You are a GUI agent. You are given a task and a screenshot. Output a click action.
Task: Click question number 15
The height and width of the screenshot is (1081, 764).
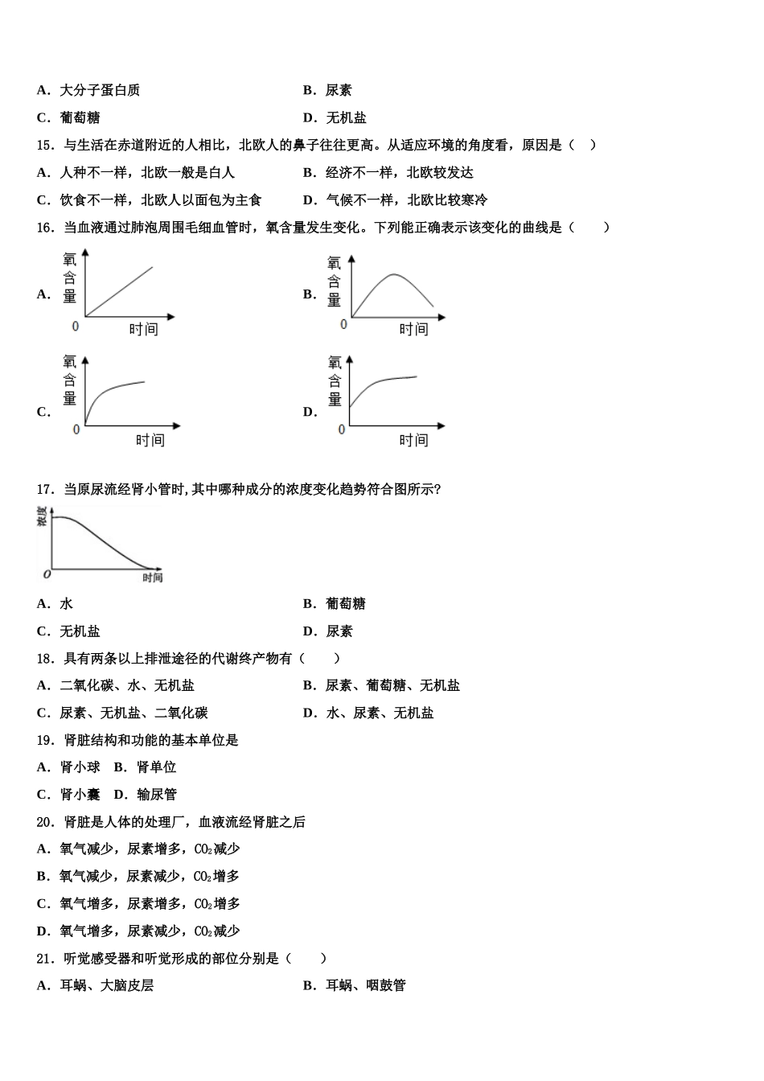pos(45,146)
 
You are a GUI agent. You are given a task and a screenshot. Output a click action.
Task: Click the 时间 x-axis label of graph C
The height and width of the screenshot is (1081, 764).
pos(150,440)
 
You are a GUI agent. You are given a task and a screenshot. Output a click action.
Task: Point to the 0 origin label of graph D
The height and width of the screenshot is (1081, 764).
pos(342,430)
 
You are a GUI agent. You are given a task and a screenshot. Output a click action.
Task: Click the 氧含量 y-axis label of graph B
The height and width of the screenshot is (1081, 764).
pos(335,281)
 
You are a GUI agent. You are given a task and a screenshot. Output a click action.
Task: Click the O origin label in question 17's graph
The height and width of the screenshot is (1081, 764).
pos(47,574)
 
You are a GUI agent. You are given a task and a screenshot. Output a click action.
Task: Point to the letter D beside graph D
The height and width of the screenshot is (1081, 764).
pos(310,413)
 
